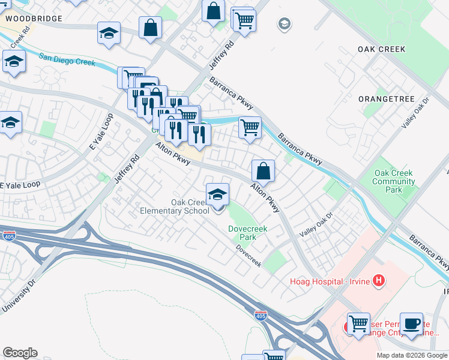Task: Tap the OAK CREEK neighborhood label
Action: coord(381,49)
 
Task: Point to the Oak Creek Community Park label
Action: coord(393,181)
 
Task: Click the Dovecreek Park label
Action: coord(243,233)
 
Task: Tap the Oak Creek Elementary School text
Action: coord(174,206)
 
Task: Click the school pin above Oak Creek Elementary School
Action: coord(217,194)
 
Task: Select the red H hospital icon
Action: coord(378,280)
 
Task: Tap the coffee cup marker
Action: coord(411,323)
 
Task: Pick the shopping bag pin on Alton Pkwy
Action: coord(263,172)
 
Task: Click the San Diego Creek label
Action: coord(67,61)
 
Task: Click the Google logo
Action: coord(20,353)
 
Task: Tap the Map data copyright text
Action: coord(411,355)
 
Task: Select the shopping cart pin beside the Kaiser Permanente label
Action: coord(358,325)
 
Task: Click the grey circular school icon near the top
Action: coord(283,24)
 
